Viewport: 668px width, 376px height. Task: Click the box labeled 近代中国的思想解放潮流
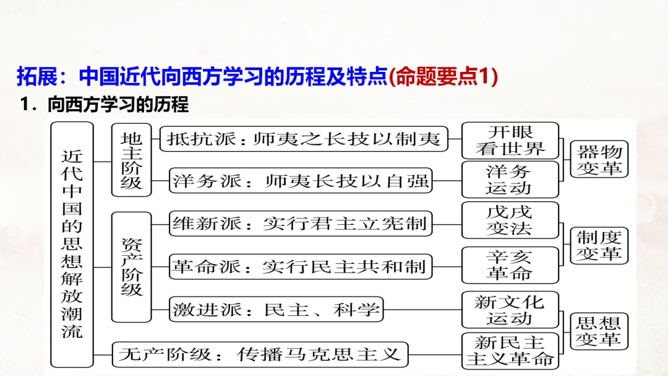tap(72, 243)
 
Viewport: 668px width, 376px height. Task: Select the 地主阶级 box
tap(131, 160)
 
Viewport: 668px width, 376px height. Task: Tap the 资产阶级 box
tap(131, 266)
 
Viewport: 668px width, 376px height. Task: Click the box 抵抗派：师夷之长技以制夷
tap(303, 139)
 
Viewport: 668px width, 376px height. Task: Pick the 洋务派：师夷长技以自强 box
tap(301, 181)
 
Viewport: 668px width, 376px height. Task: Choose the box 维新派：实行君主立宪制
tap(301, 223)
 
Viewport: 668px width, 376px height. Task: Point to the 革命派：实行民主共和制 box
tap(301, 266)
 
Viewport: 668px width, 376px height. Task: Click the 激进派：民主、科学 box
tap(276, 309)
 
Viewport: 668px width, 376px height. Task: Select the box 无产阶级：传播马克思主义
tap(260, 354)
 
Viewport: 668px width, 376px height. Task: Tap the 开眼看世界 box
tap(510, 140)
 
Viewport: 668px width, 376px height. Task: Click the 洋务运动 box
tap(510, 180)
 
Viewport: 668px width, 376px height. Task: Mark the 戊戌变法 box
tap(510, 220)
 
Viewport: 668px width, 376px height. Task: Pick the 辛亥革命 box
tap(510, 265)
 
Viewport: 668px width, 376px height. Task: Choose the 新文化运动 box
tap(510, 310)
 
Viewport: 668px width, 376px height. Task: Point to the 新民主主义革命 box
tap(510, 351)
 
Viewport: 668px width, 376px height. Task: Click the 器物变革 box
tap(599, 159)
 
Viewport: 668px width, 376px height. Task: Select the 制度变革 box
tap(599, 245)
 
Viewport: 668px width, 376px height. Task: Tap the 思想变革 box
tap(599, 330)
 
